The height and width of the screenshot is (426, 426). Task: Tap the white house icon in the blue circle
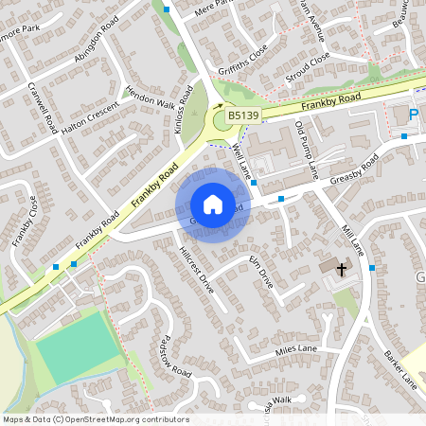(213, 204)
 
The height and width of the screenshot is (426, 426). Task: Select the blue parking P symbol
(414, 115)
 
